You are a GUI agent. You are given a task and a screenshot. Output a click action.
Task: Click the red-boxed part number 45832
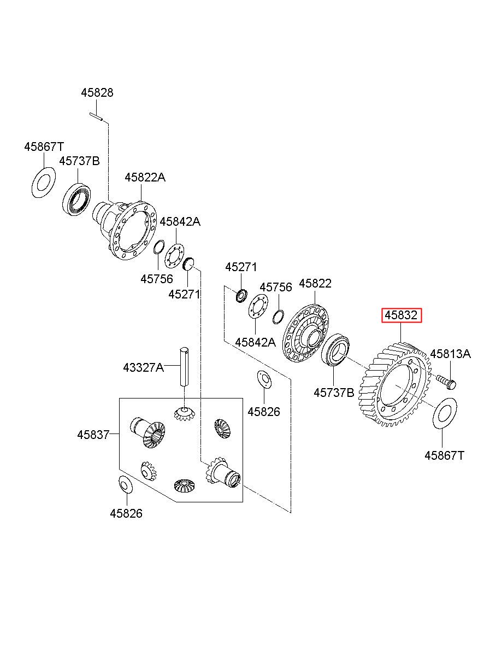tap(401, 315)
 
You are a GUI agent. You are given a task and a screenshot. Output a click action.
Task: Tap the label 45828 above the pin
tap(97, 93)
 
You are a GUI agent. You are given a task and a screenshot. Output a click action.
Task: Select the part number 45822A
tap(145, 177)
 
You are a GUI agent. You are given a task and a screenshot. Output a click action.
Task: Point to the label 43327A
tap(143, 368)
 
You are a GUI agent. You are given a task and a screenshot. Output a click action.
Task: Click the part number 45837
tap(93, 435)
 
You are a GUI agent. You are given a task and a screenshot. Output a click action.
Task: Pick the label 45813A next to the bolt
tap(450, 354)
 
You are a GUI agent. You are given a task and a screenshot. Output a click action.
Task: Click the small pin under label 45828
tap(96, 116)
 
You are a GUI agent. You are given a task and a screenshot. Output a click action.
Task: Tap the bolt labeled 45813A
tap(447, 382)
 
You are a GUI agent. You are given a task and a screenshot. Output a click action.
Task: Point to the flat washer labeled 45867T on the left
tap(43, 183)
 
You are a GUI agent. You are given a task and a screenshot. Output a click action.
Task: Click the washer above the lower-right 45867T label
tap(445, 413)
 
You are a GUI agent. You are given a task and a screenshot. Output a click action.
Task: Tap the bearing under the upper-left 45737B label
tap(76, 198)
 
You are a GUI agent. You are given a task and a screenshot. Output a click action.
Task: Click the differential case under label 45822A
tap(125, 230)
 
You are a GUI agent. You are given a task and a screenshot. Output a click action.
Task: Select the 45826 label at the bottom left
tap(126, 513)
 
